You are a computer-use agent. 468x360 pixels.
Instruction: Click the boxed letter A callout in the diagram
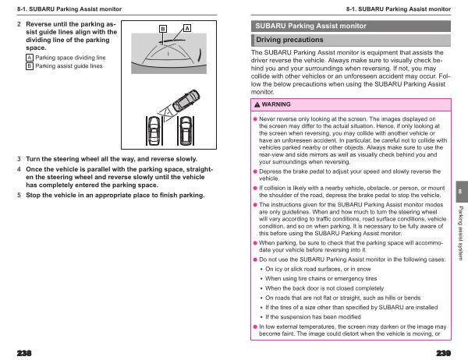pos(187,29)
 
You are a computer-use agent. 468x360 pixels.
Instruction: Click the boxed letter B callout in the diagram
pos(163,29)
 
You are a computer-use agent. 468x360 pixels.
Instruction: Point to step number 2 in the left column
pos(19,25)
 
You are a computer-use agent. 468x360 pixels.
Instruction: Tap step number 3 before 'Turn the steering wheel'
pos(19,158)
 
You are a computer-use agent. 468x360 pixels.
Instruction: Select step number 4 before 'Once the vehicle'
pos(19,168)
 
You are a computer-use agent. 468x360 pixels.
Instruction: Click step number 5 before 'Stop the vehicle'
pos(19,195)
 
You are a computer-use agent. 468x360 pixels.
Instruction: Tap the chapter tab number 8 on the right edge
pos(460,192)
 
